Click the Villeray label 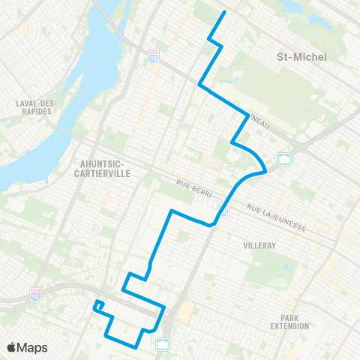[x=259, y=245]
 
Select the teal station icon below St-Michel [x=284, y=158]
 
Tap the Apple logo [x=12, y=347]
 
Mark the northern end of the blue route [x=225, y=13]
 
